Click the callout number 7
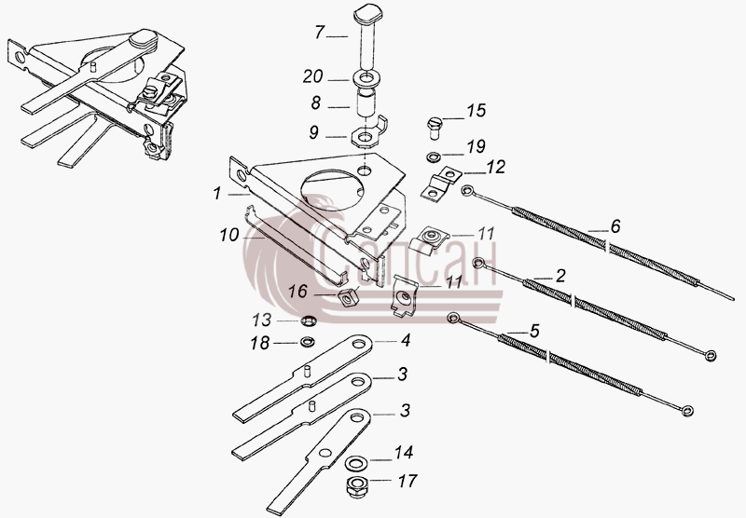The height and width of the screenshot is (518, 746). click(x=320, y=33)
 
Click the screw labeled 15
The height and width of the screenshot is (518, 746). click(x=435, y=128)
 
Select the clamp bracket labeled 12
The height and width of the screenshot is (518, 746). click(x=440, y=184)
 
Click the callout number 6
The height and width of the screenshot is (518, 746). click(x=615, y=225)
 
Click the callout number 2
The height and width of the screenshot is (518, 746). click(x=561, y=276)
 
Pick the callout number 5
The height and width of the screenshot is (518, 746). click(x=534, y=331)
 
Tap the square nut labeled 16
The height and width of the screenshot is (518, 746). click(x=348, y=297)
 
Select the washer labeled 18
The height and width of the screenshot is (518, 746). click(x=309, y=342)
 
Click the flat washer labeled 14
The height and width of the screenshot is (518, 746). click(x=355, y=462)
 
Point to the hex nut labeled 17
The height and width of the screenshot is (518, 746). click(x=354, y=485)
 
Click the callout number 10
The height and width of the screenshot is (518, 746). click(x=228, y=234)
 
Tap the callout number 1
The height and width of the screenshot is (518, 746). click(x=217, y=194)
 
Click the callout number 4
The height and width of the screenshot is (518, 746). click(x=406, y=340)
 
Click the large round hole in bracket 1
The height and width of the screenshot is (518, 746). click(x=333, y=187)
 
